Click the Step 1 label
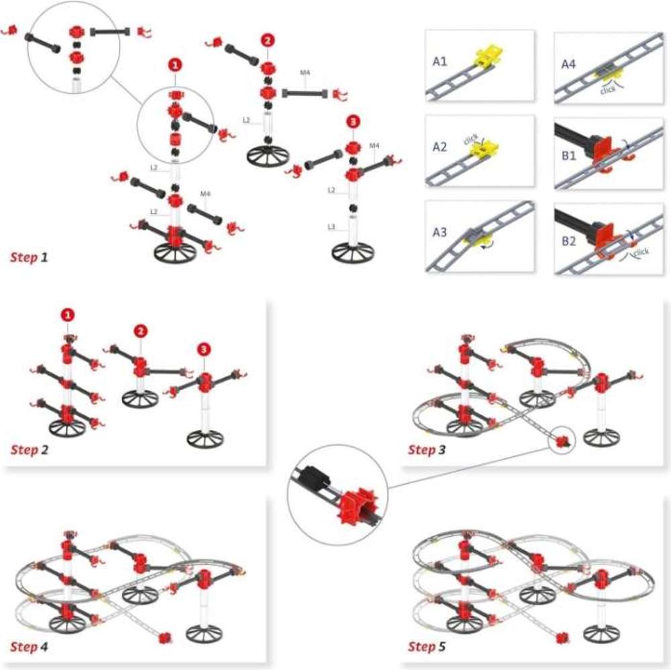coord(29,257)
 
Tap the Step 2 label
coord(29,450)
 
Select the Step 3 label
coord(426,450)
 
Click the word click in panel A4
coord(609,89)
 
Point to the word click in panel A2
coord(472,139)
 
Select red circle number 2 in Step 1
coord(267,40)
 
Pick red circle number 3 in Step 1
coord(354,122)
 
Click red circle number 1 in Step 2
coord(68,314)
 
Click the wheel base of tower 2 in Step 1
coord(268,156)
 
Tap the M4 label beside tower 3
coord(374,146)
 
